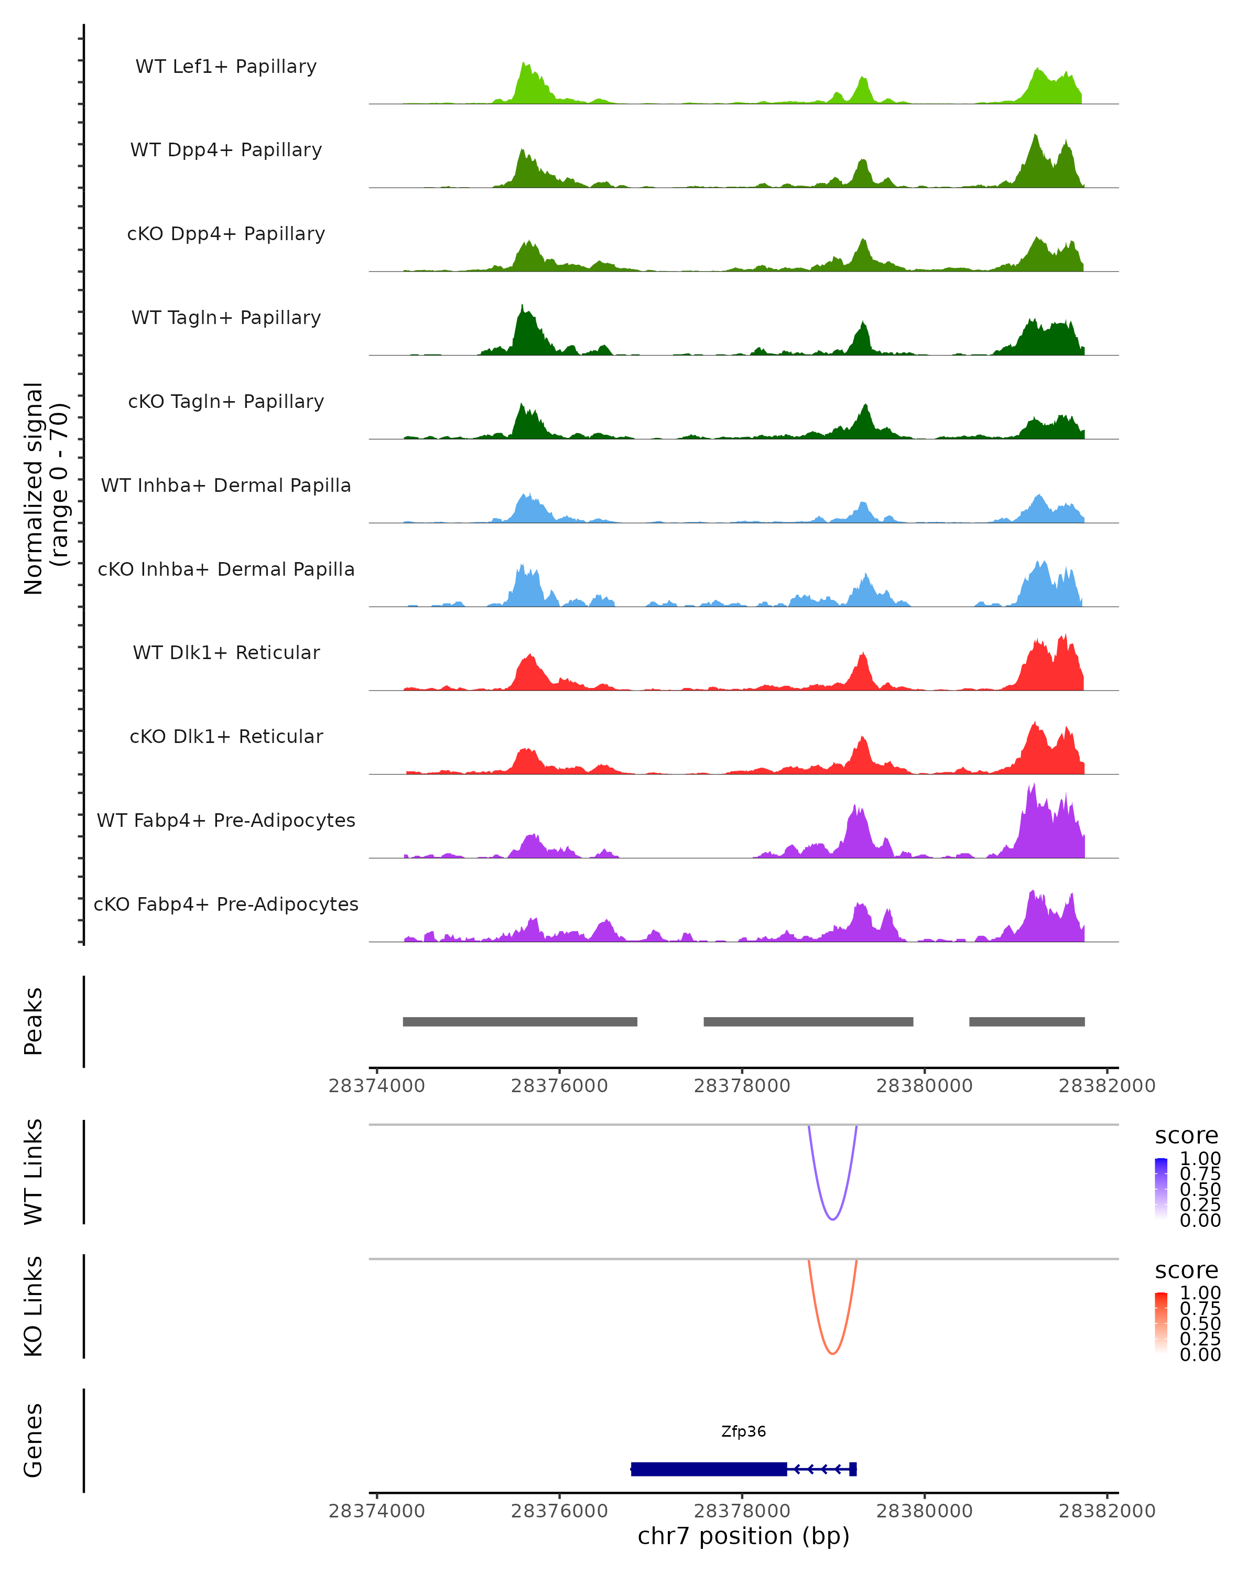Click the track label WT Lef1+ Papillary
coord(226,67)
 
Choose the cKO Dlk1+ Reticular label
coord(226,736)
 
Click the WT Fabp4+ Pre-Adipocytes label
coord(226,820)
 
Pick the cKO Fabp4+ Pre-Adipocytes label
coord(226,904)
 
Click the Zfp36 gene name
coord(743,1431)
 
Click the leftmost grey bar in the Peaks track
coord(520,1021)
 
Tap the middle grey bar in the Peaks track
coord(808,1021)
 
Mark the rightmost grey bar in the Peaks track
coord(1027,1021)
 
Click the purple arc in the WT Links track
coord(832,1219)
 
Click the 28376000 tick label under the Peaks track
coord(559,1086)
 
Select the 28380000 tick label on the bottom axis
coord(924,1511)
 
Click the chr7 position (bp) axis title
coord(743,1536)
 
